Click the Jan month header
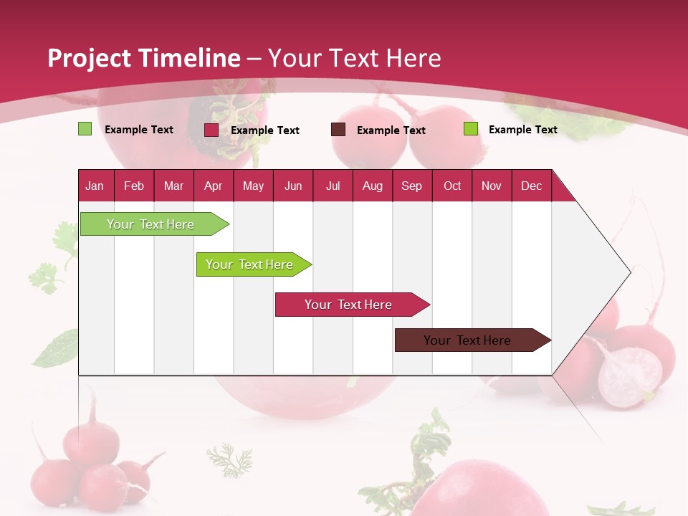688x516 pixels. click(95, 186)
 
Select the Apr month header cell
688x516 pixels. click(213, 186)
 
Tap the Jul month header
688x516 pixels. click(333, 186)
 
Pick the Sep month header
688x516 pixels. click(411, 186)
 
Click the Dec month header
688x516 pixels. click(531, 186)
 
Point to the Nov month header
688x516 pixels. click(491, 186)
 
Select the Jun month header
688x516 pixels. click(292, 186)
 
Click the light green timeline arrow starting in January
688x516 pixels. click(150, 224)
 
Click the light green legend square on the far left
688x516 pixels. click(85, 129)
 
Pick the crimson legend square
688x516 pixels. click(211, 130)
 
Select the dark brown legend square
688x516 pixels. click(338, 130)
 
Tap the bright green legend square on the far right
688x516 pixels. click(470, 129)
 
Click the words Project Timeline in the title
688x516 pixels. click(143, 58)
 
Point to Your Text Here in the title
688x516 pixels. click(354, 58)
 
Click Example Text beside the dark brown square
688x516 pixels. click(391, 130)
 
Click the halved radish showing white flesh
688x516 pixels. click(630, 376)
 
